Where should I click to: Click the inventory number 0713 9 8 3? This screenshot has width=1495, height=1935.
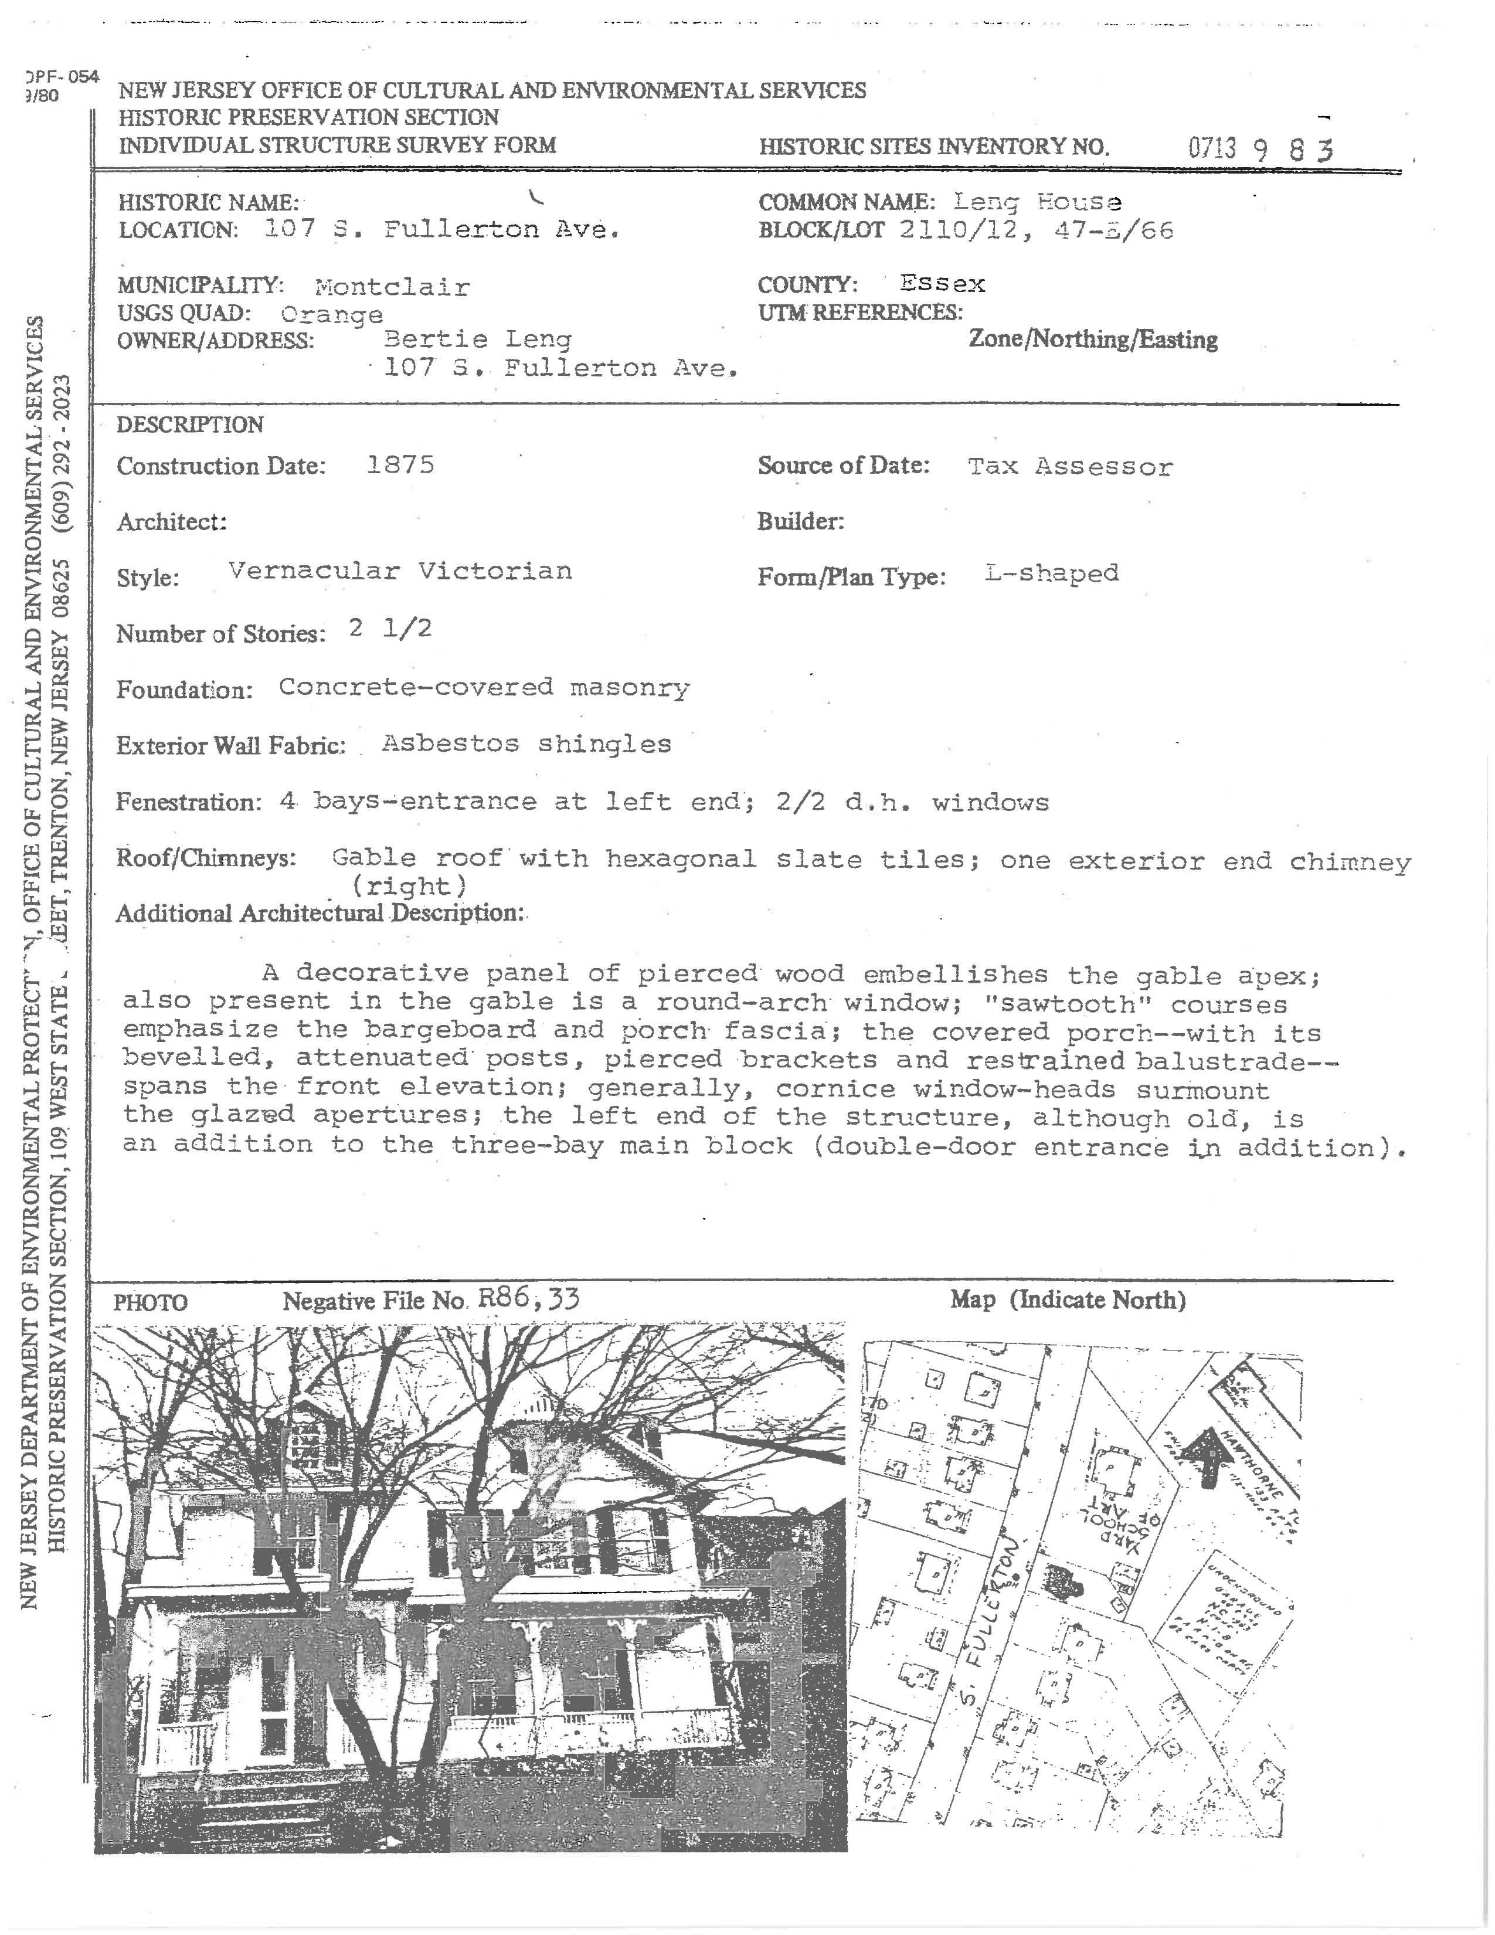[1259, 148]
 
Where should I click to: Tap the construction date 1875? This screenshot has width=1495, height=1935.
[400, 465]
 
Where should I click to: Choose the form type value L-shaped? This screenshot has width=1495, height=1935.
[1051, 573]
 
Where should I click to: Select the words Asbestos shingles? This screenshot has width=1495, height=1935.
[526, 744]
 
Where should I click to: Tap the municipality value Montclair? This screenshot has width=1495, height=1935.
[392, 287]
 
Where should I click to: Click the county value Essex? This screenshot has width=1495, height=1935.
[942, 284]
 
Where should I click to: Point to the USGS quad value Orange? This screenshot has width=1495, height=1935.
[332, 314]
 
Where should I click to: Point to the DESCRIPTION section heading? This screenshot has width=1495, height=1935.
[189, 425]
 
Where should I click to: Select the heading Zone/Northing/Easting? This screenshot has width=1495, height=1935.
[1092, 340]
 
